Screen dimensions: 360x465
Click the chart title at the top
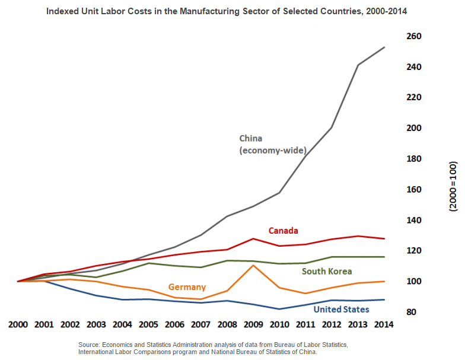(x=232, y=11)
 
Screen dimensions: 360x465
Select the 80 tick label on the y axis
(x=415, y=312)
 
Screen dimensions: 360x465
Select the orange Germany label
(x=187, y=287)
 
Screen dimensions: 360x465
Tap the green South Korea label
(x=327, y=272)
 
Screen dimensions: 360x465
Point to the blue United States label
(x=341, y=310)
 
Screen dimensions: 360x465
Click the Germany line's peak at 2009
(x=253, y=265)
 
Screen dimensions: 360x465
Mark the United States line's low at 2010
(x=279, y=309)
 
